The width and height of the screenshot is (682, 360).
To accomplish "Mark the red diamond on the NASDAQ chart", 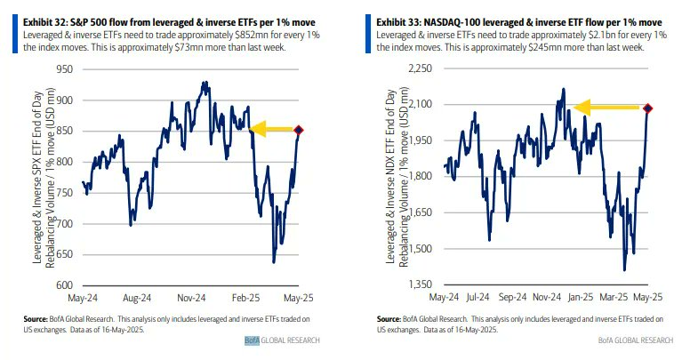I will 648,108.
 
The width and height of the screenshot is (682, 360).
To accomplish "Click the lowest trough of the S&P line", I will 273,261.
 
